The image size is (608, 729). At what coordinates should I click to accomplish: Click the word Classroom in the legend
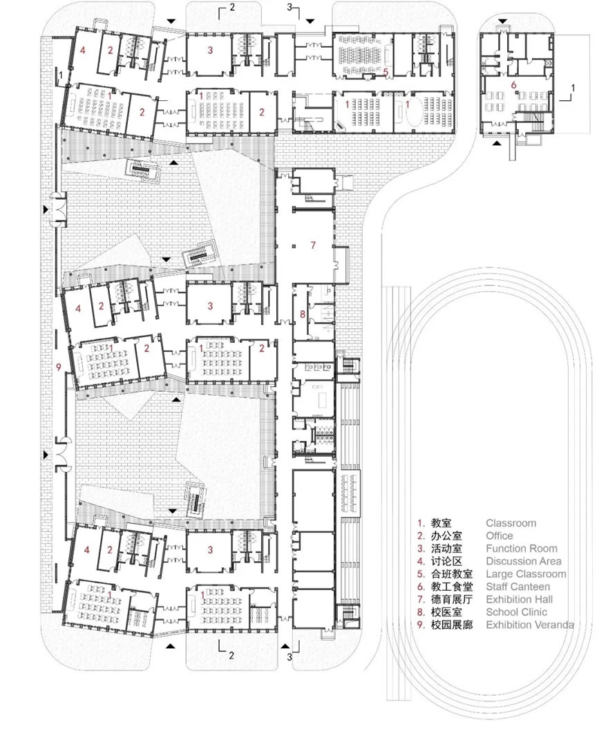coord(511,523)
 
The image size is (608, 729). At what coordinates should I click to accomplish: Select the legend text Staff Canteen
coord(518,587)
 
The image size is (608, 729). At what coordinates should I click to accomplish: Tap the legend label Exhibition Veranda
coord(529,625)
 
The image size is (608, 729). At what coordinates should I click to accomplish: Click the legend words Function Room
coord(521,549)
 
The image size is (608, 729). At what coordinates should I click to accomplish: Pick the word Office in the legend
coord(500,536)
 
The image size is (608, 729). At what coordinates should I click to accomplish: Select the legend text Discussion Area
coord(523,561)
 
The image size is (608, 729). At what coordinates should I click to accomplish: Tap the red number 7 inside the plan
coord(312,245)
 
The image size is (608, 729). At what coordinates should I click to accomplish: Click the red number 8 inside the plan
coord(302,315)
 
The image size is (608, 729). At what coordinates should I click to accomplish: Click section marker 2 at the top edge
coord(232,8)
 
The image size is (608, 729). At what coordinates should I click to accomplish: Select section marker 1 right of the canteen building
coord(573,88)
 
